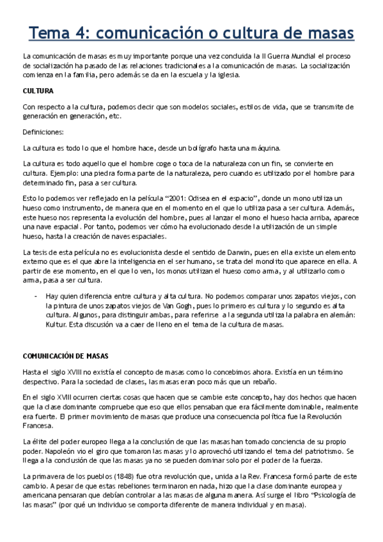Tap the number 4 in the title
(x=88, y=33)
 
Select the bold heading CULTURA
(x=37, y=91)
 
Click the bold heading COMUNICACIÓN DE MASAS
(x=65, y=356)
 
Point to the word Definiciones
(x=43, y=132)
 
